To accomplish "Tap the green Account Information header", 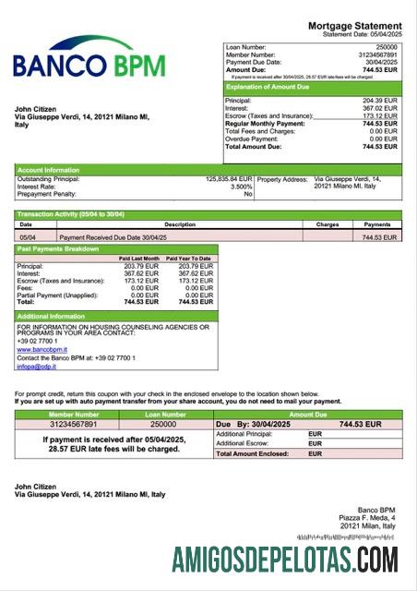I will pos(48,169).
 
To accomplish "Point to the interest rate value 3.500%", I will pos(238,187).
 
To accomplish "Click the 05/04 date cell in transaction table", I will pos(29,237).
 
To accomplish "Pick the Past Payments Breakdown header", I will pos(58,249).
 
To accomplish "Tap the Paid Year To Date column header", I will pos(189,259).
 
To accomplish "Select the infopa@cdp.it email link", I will pos(36,367).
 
